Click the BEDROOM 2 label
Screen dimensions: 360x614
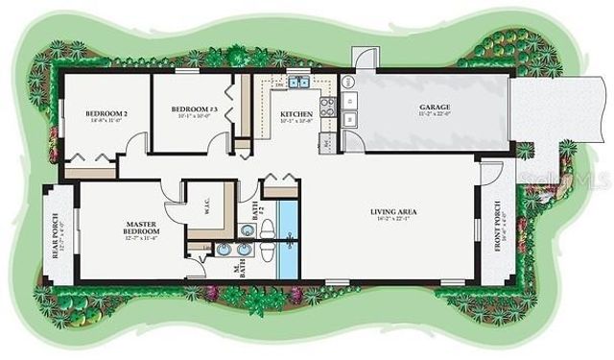point(106,113)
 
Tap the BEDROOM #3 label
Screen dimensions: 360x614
point(195,109)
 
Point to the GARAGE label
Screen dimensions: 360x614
point(435,107)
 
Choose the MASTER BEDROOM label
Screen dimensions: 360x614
point(141,228)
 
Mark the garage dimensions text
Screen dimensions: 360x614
point(435,115)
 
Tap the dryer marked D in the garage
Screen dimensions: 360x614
point(350,100)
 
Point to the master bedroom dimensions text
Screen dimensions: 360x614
point(141,239)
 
